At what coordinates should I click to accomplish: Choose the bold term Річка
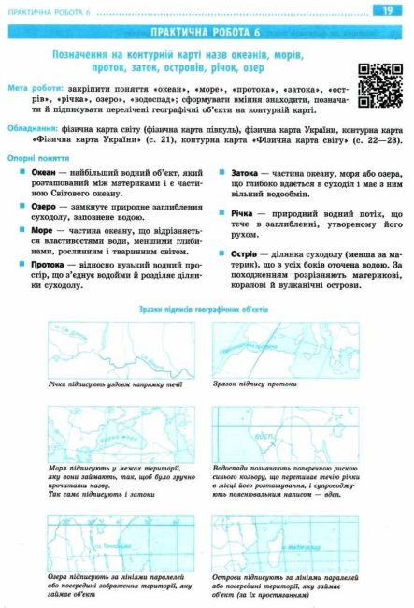[x=242, y=213]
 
